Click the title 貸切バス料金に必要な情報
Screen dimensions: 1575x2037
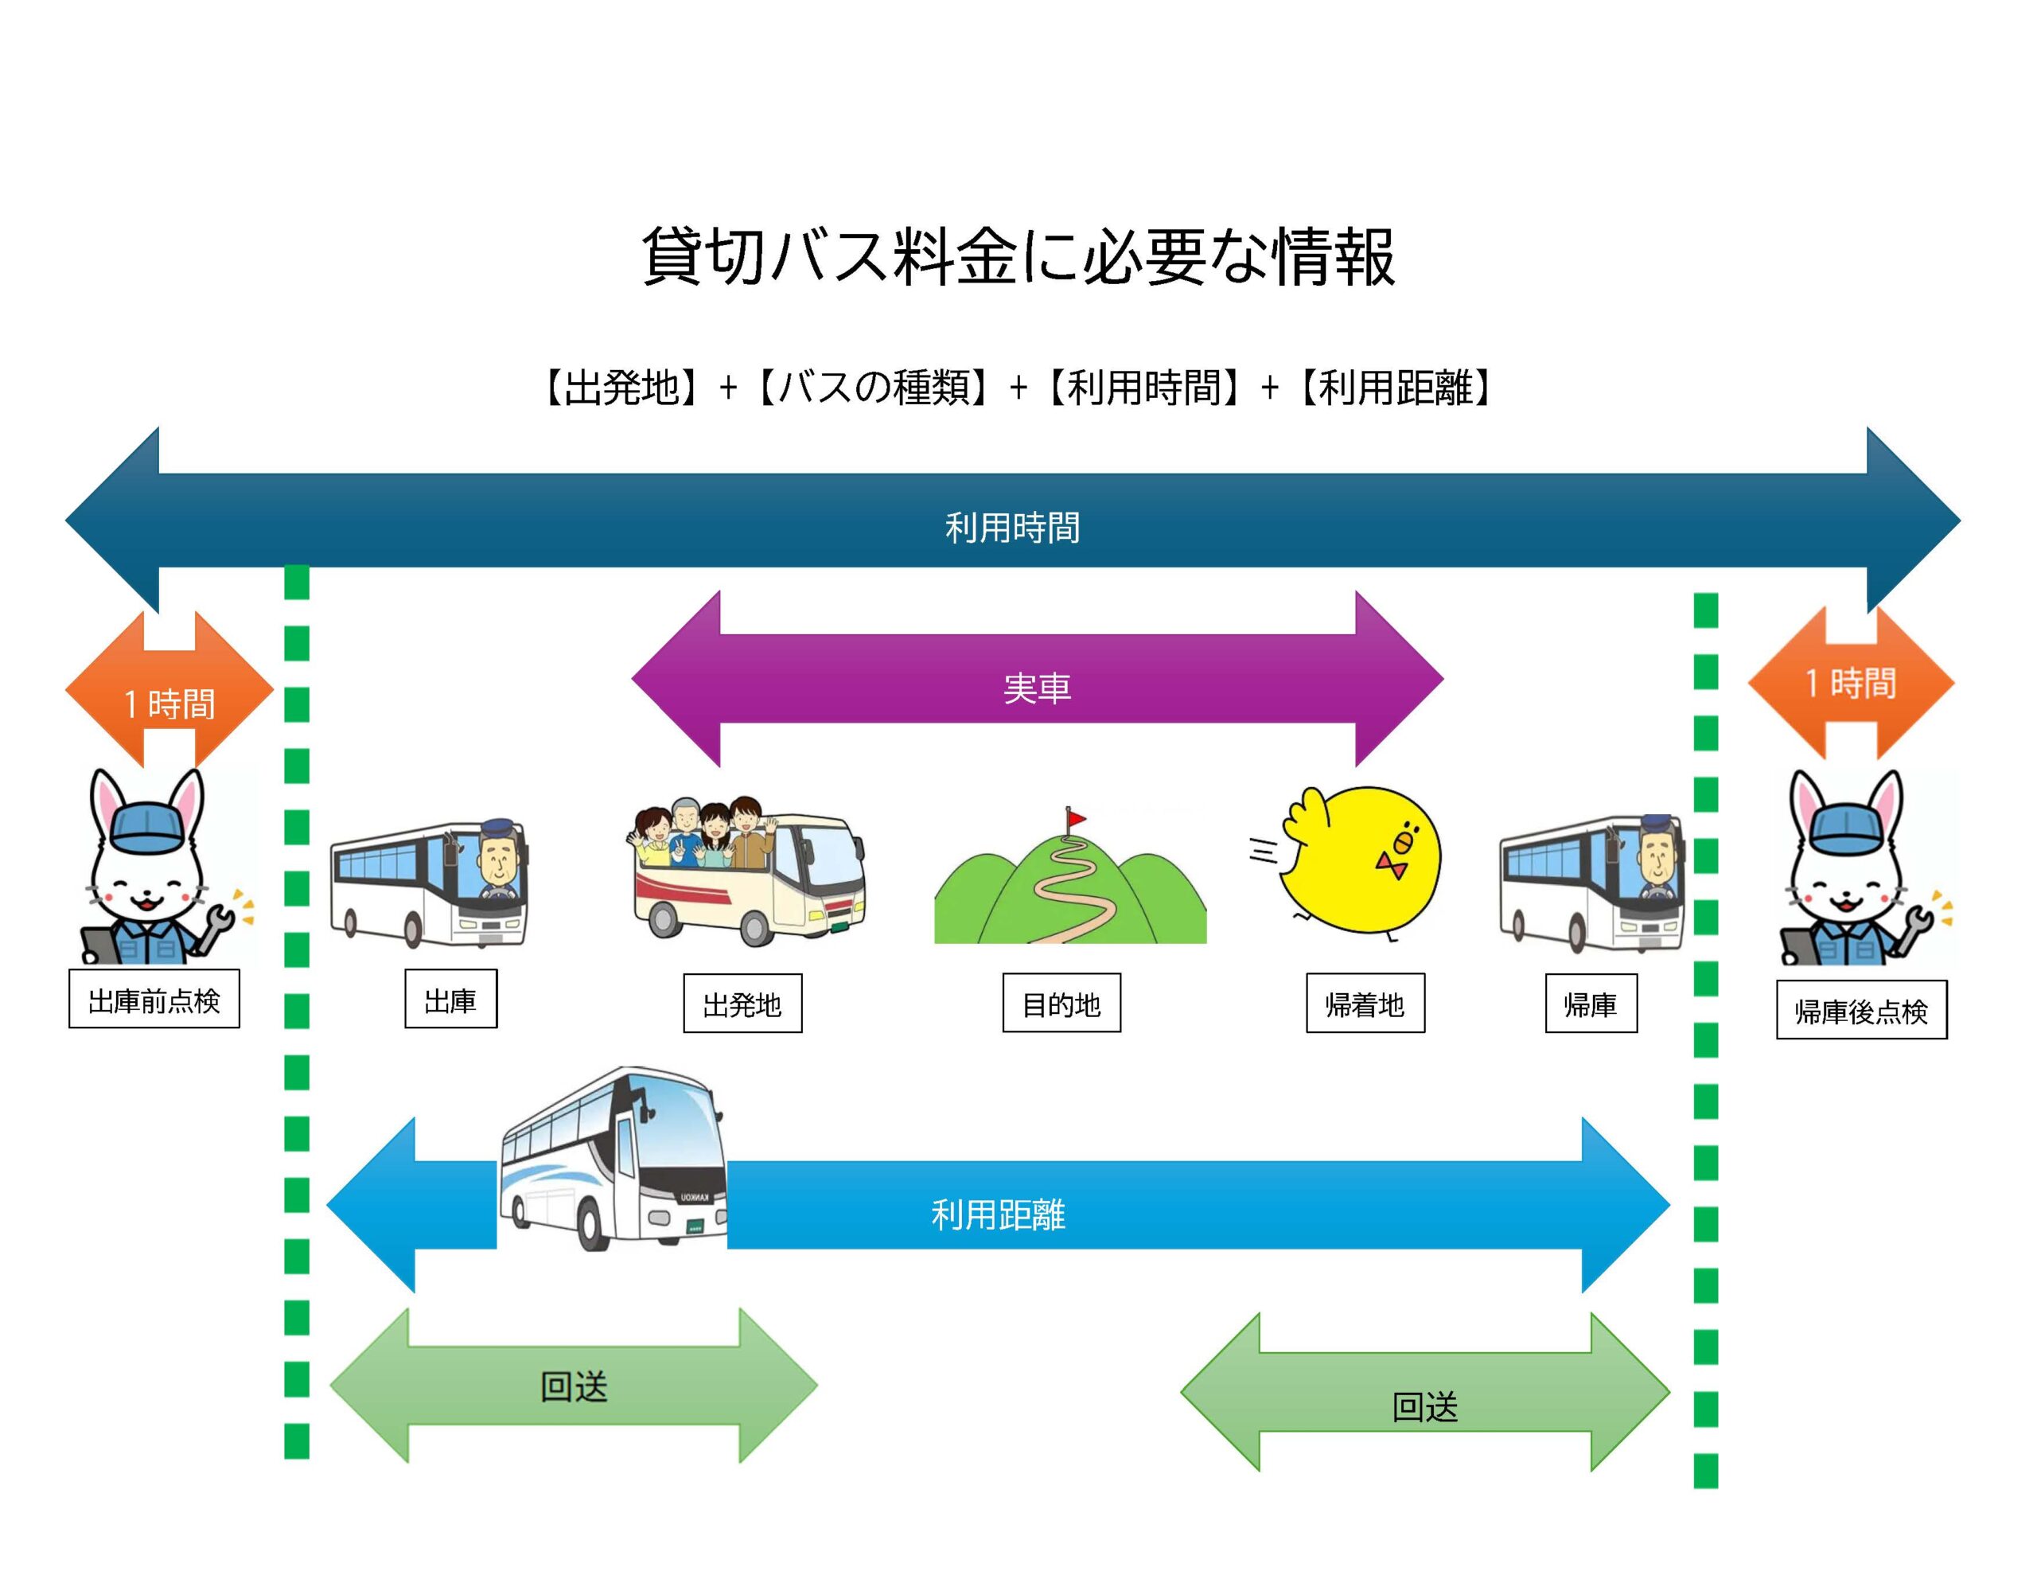1018,256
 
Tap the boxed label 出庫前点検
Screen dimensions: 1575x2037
154,1000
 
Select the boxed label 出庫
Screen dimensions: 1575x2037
450,1000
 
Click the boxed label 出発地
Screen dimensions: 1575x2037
742,1004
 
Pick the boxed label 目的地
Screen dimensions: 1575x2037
1061,1004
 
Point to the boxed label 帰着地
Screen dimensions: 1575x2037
1365,1004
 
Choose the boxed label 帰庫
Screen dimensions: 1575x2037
1591,1004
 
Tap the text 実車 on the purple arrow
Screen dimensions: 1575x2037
1037,688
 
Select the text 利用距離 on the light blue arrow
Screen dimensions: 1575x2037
998,1214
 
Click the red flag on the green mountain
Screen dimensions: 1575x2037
1077,818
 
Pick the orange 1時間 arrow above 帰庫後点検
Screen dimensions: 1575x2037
1851,684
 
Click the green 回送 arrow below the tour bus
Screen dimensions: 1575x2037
573,1386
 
